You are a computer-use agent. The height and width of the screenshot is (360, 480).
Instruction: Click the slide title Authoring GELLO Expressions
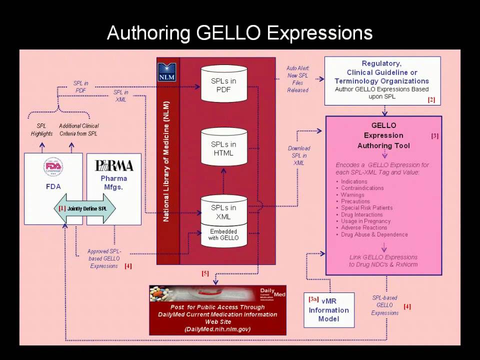pos(239,33)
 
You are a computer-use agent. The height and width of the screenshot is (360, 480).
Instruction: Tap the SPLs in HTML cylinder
pos(223,148)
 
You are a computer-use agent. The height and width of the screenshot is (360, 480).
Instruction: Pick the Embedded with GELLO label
pos(223,234)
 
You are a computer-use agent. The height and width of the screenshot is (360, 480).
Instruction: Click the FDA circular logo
pos(53,167)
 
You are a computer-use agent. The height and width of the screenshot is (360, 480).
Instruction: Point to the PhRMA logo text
pos(114,165)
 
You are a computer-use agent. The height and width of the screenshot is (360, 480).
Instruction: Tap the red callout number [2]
pos(431,100)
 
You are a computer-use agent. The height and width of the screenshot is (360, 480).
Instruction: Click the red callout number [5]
pos(205,273)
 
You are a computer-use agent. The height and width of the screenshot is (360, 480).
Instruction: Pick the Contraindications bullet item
pos(362,188)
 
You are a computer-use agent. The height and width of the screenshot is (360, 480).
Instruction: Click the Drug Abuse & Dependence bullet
pos(374,234)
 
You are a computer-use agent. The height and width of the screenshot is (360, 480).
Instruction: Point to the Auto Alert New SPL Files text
pos(298,79)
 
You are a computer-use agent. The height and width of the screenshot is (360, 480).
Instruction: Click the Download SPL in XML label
pos(299,155)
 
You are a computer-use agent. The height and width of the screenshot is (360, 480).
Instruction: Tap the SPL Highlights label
pos(41,129)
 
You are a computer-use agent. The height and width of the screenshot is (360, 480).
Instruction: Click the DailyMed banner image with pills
pos(218,294)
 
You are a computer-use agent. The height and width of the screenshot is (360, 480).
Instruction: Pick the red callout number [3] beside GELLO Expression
pos(434,135)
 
